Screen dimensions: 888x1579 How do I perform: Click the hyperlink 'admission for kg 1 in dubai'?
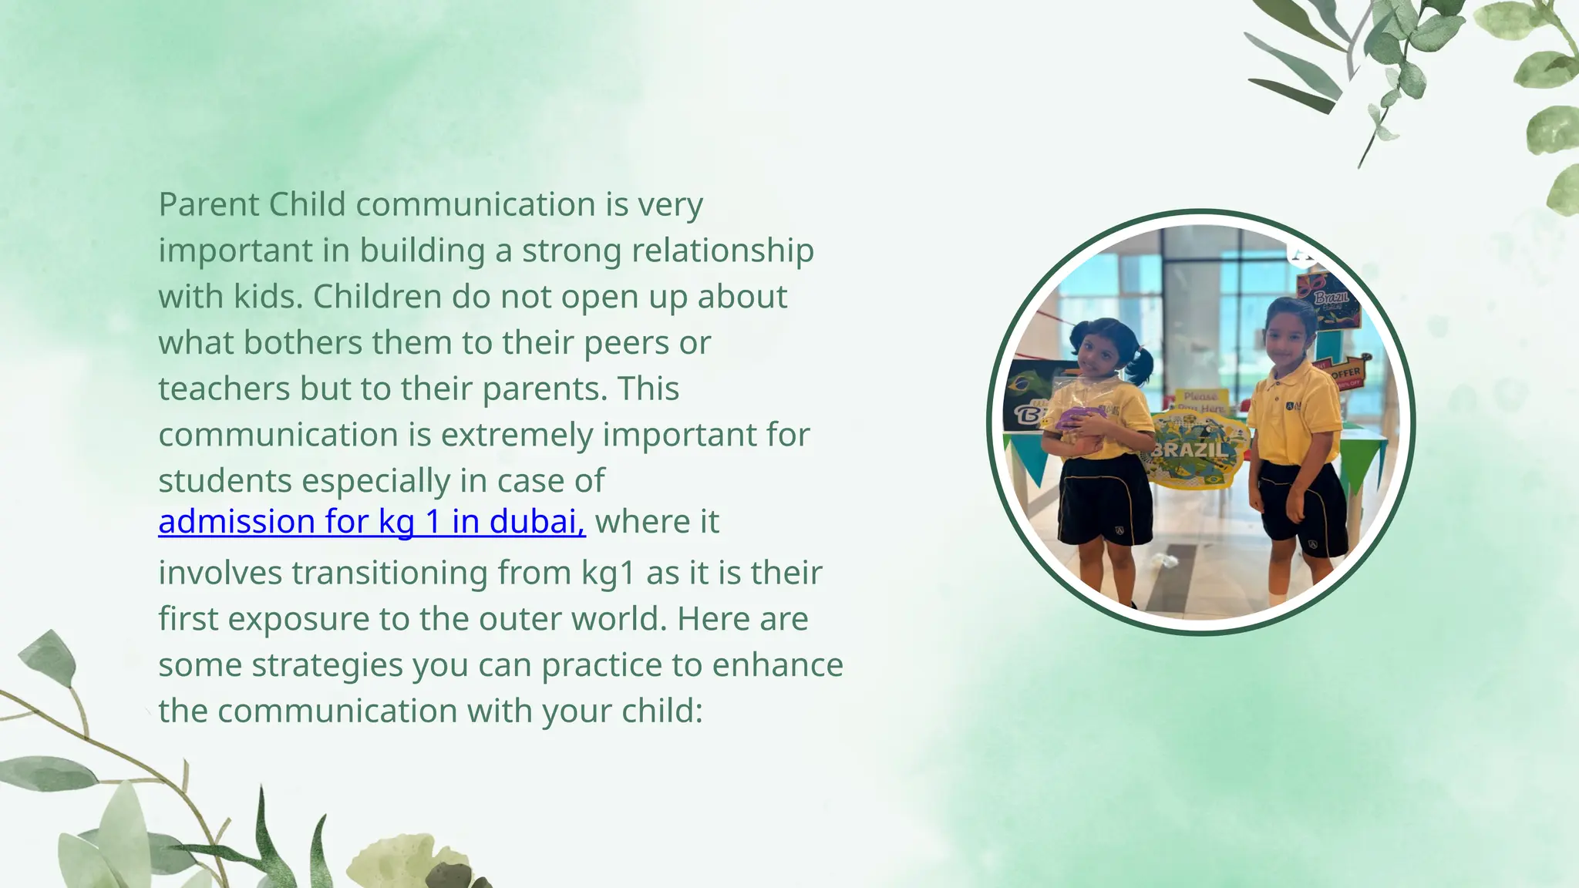(x=372, y=522)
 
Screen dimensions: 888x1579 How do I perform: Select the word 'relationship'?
(x=722, y=251)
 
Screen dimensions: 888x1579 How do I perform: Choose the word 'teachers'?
(x=224, y=388)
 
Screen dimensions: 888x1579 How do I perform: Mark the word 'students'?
(x=224, y=481)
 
